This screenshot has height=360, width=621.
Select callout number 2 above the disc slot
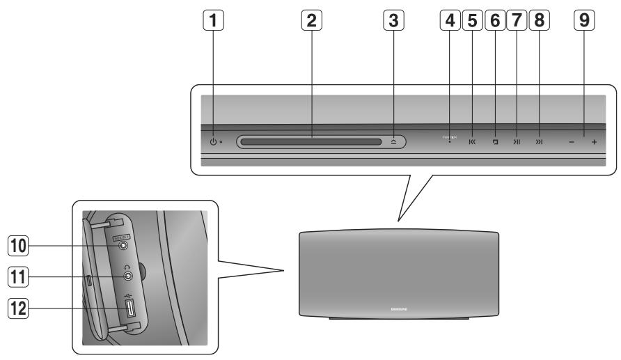click(x=312, y=22)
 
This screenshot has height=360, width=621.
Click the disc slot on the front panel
click(x=310, y=142)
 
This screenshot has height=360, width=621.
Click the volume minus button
click(x=570, y=142)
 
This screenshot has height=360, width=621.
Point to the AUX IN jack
click(x=123, y=244)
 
